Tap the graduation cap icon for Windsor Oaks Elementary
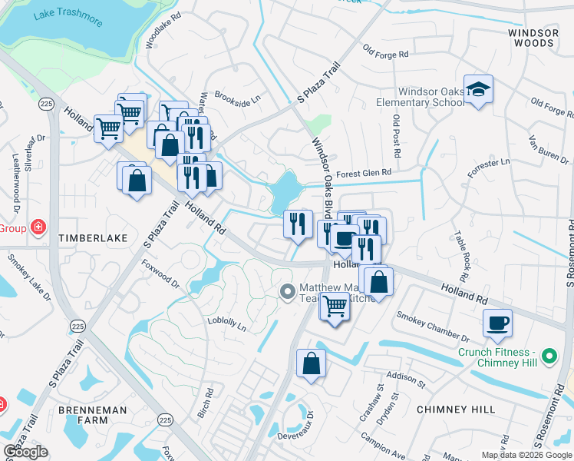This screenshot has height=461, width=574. point(478,89)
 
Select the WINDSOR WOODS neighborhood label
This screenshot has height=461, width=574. point(533,38)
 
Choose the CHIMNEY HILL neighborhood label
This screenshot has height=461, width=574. point(456,410)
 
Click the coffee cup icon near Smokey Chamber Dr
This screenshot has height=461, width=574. point(497,323)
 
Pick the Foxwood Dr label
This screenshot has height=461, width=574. point(160,273)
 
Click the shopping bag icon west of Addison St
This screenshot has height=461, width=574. point(311,363)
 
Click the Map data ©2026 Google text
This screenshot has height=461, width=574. point(526,455)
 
